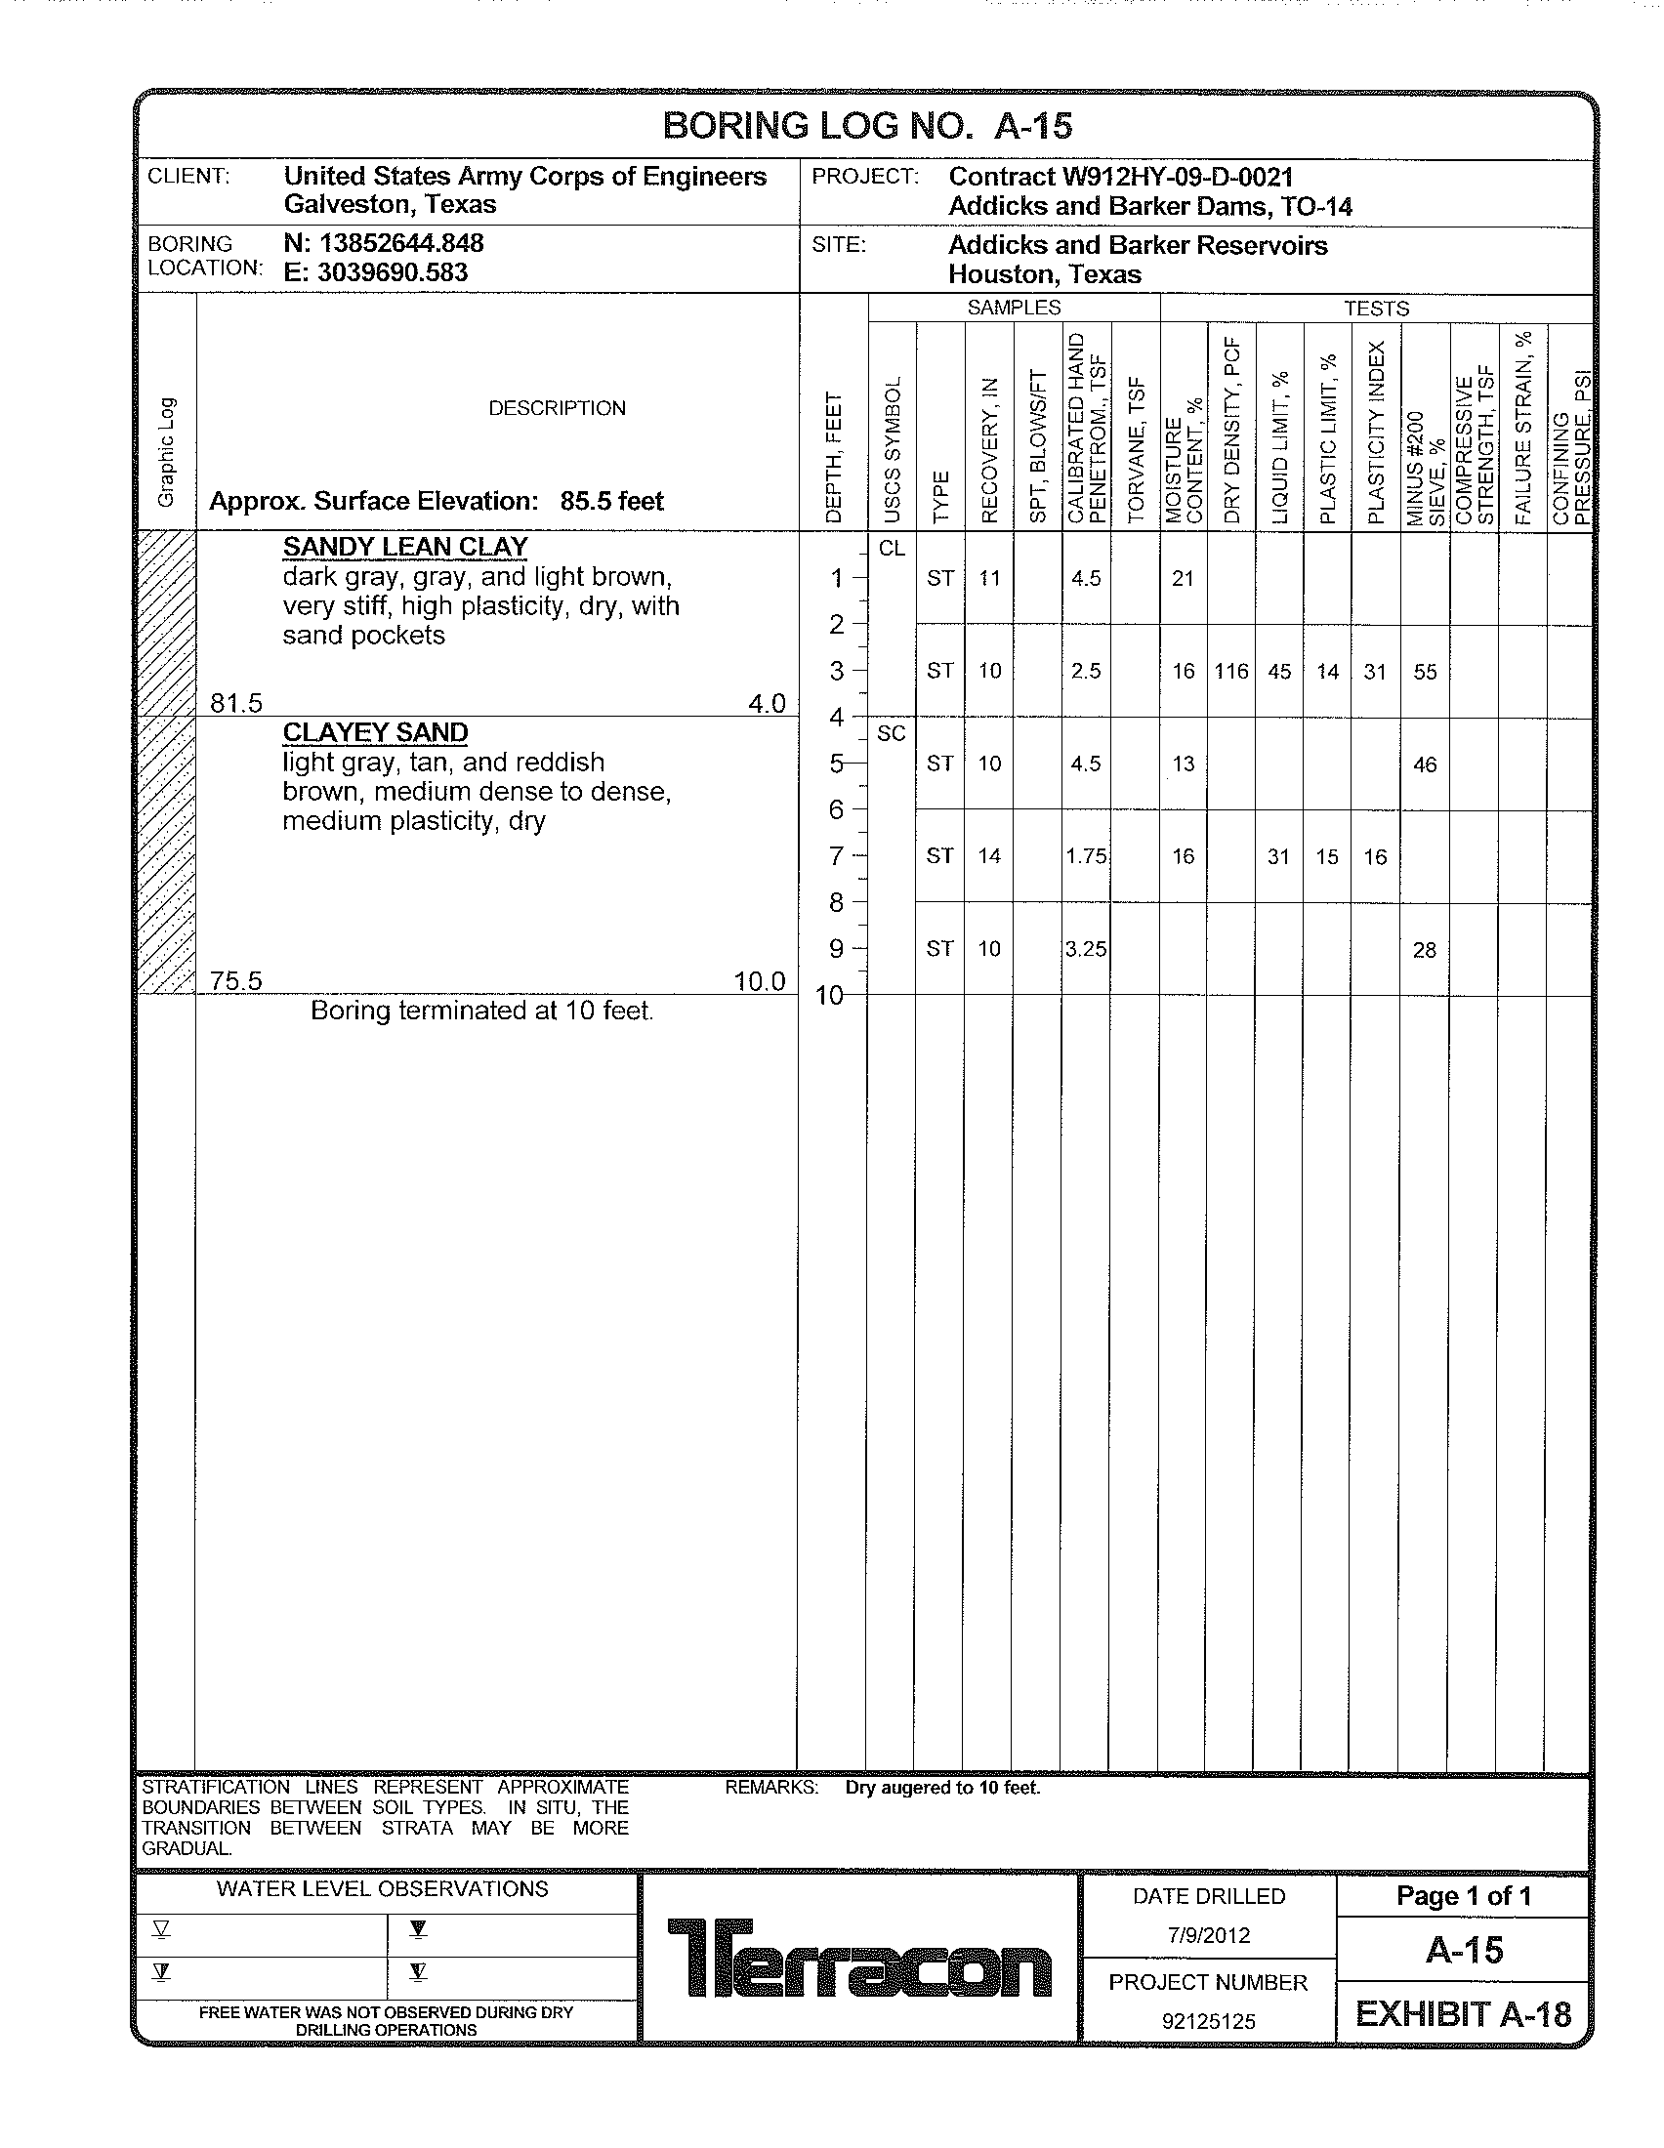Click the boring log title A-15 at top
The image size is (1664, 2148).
coord(866,126)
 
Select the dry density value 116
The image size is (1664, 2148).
coord(1230,672)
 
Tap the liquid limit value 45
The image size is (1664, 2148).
coord(1278,672)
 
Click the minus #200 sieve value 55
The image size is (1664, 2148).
coord(1425,673)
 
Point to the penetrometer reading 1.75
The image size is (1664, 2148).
coord(1086,856)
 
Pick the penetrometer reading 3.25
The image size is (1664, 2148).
coord(1086,949)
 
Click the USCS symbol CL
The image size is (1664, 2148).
coord(891,549)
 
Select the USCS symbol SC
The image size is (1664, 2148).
coord(891,733)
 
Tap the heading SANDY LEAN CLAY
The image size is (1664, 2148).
coord(405,547)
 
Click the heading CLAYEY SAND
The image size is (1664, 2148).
coord(375,732)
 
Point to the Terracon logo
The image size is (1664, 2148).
coord(859,1959)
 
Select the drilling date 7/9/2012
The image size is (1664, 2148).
coord(1208,1935)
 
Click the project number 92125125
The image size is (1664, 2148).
coord(1208,2021)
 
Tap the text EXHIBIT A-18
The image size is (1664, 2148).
coord(1463,2015)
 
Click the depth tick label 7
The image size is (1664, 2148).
coord(836,856)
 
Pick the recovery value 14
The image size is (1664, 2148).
coord(988,856)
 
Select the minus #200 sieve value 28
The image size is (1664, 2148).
coord(1424,950)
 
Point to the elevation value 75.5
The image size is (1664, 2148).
coord(236,980)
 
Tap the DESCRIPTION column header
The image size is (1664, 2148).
coord(557,408)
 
